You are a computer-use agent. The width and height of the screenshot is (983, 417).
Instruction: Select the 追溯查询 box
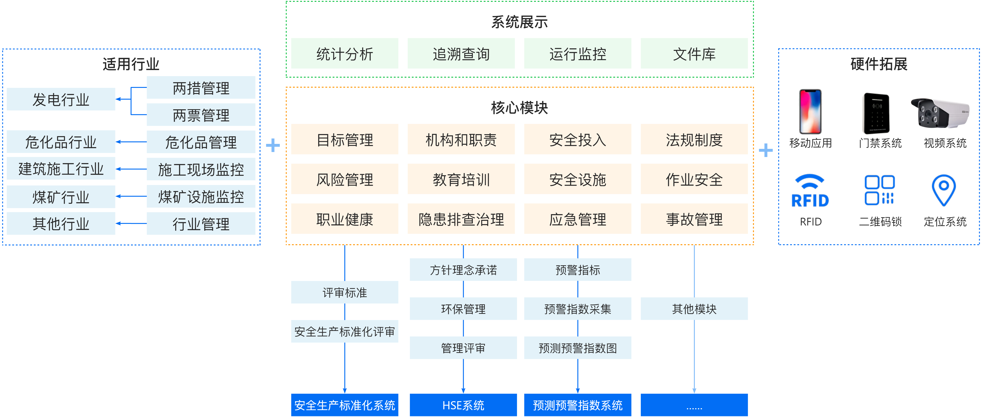click(461, 53)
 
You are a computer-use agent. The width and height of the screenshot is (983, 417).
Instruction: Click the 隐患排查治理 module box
click(461, 219)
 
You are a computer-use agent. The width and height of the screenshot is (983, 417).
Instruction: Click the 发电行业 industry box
click(61, 99)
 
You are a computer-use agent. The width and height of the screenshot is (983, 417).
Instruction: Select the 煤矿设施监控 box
click(201, 197)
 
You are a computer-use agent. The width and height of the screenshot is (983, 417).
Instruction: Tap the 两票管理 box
click(201, 115)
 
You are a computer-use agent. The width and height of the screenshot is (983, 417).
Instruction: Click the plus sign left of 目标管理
click(272, 145)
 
